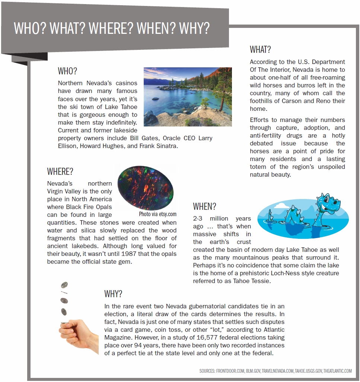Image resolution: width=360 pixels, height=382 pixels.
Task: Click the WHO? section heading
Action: pyautogui.click(x=67, y=71)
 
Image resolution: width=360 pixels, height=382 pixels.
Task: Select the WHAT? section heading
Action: pyautogui.click(x=260, y=49)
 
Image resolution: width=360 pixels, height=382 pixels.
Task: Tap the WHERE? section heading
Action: pyautogui.click(x=60, y=171)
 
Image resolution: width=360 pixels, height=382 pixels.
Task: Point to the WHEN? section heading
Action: pyautogui.click(x=204, y=206)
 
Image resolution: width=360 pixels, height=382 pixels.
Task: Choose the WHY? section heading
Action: pyautogui.click(x=113, y=294)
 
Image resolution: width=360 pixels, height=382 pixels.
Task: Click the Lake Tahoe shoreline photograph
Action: pyautogui.click(x=188, y=97)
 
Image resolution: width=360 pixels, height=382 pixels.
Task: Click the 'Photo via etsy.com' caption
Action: pyautogui.click(x=158, y=214)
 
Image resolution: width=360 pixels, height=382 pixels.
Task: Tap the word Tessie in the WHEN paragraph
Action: pyautogui.click(x=261, y=281)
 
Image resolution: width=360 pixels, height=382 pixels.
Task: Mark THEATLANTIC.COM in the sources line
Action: pyautogui.click(x=337, y=370)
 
